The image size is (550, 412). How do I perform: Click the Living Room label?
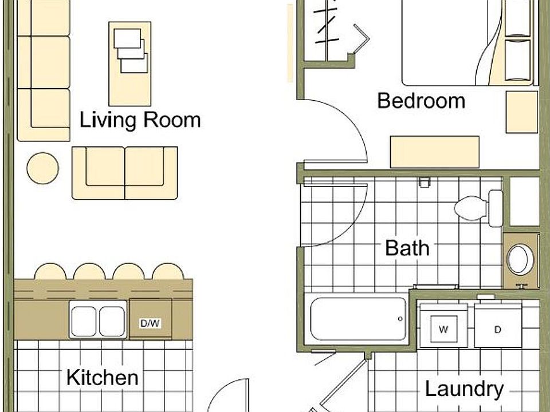tap(140, 120)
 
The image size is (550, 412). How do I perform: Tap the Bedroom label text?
tap(421, 101)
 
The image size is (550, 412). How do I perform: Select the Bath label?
tap(407, 248)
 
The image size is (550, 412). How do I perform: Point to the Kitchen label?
tap(102, 378)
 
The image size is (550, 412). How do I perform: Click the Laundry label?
tap(464, 389)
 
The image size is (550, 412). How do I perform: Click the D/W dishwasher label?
tap(150, 323)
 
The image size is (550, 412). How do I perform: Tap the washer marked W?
tap(443, 329)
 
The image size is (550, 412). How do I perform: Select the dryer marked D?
tap(498, 329)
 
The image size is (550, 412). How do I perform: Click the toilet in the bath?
tap(478, 208)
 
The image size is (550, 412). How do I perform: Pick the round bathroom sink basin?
tap(520, 259)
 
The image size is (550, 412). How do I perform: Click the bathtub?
tap(358, 319)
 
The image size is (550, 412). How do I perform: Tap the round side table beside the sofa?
tap(43, 168)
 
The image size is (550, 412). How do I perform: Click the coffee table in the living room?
tap(130, 64)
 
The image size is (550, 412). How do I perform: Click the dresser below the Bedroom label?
tap(435, 152)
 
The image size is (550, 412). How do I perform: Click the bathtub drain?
tap(400, 319)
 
